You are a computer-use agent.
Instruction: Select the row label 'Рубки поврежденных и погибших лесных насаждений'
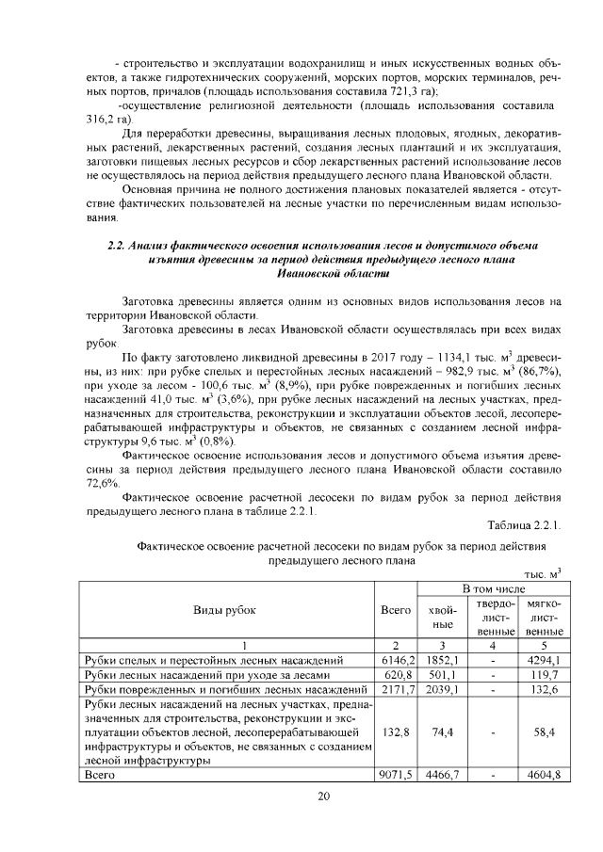coord(224,691)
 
